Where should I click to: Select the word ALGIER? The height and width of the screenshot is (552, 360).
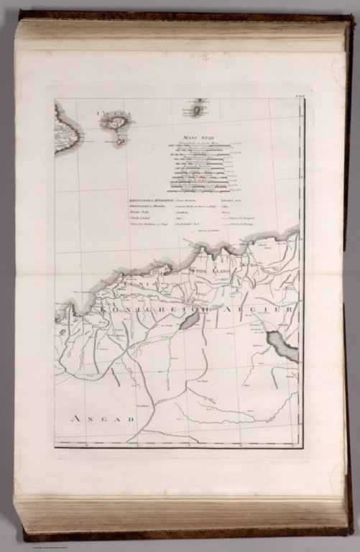269,310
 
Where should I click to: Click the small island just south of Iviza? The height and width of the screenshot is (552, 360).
120,142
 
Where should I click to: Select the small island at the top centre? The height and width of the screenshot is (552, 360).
198,110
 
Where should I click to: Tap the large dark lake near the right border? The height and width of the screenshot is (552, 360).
282,346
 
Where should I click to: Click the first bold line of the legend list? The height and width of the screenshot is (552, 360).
147,198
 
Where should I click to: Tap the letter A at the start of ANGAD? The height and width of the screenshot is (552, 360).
73,418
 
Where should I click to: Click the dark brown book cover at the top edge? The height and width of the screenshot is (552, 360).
180,15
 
